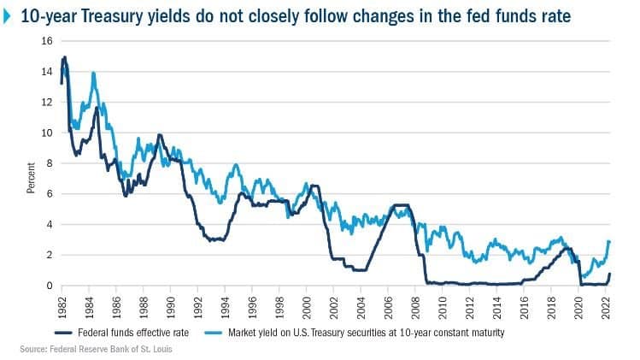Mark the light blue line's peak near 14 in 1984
[x=93, y=74]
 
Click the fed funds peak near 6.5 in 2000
[x=314, y=186]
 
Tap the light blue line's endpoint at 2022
[x=609, y=241]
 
